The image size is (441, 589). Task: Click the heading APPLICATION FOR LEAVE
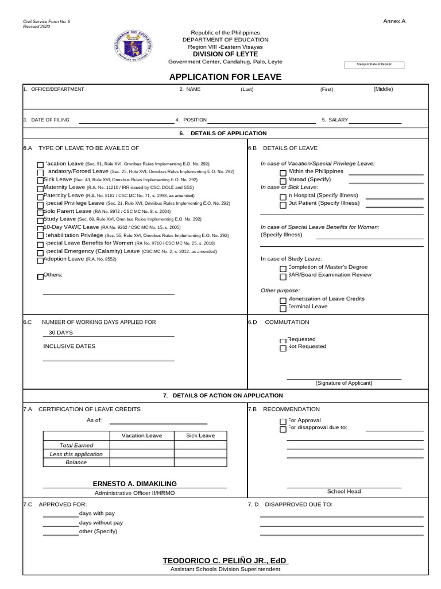pyautogui.click(x=225, y=77)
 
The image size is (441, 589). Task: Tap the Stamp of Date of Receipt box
pyautogui.click(x=374, y=64)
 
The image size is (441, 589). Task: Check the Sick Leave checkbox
pyautogui.click(x=40, y=181)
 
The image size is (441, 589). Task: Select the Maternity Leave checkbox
pyautogui.click(x=40, y=189)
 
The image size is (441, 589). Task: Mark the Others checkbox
pyautogui.click(x=40, y=277)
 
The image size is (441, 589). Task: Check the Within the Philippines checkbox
pyautogui.click(x=283, y=173)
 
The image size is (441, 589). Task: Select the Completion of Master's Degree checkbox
pyautogui.click(x=283, y=269)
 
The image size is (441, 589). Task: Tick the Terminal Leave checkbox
pyautogui.click(x=283, y=308)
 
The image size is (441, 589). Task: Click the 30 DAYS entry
pyautogui.click(x=61, y=332)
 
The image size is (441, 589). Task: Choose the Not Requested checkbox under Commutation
pyautogui.click(x=283, y=348)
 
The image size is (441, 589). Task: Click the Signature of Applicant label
pyautogui.click(x=343, y=383)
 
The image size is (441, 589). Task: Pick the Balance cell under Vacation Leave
pyautogui.click(x=142, y=462)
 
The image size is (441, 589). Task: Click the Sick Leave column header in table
pyautogui.click(x=200, y=435)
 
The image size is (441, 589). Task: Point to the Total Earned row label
pyautogui.click(x=76, y=445)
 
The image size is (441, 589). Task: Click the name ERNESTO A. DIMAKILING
pyautogui.click(x=135, y=484)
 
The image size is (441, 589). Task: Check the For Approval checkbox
pyautogui.click(x=283, y=422)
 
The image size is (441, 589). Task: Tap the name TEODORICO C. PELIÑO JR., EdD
pyautogui.click(x=225, y=560)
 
